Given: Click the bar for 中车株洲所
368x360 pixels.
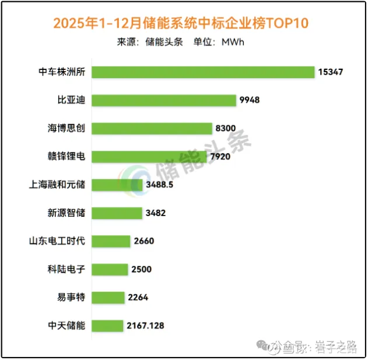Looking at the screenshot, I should point(203,72).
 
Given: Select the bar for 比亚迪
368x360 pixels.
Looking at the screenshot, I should point(164,100).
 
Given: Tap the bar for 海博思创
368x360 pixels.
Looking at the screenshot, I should point(152,128).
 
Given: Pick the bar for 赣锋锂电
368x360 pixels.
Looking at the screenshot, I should point(149,156).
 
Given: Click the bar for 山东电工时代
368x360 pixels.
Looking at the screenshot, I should point(111,241).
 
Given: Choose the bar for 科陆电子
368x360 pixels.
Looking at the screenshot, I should point(110,269).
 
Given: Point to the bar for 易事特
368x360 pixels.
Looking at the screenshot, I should point(108,297).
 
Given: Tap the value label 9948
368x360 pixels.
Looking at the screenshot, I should point(249,100).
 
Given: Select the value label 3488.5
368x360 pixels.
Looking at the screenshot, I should point(160,185).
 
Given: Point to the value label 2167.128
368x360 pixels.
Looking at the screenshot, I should point(146,326).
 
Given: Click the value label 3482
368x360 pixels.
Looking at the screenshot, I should point(156,213).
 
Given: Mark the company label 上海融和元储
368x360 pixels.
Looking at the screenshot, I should point(57,185).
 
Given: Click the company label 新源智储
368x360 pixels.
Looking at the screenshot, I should point(66,213).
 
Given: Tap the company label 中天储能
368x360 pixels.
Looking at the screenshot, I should point(66,326).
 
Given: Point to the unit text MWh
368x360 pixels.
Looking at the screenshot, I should point(233,42).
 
